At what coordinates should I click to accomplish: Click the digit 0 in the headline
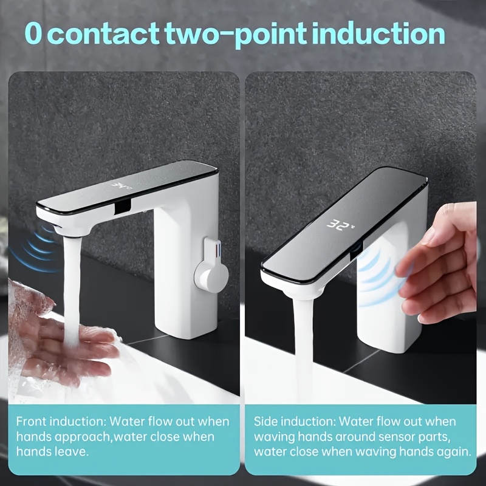click(33, 33)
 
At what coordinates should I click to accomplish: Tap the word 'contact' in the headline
click(104, 33)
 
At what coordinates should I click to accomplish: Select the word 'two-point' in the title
click(236, 35)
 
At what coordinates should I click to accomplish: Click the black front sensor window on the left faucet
click(123, 206)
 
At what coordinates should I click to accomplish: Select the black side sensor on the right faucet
click(357, 252)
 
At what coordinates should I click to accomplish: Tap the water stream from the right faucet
click(304, 351)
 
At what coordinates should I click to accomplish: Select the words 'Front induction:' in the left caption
click(62, 422)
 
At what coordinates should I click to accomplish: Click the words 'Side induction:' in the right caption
click(295, 422)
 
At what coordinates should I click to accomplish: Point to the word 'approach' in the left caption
click(83, 437)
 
